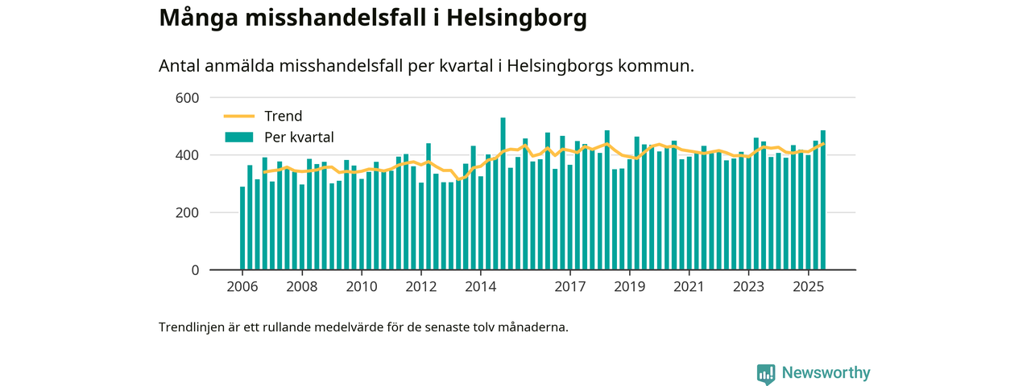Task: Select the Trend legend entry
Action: (283, 117)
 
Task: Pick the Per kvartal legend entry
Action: (299, 138)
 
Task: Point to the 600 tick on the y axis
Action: (187, 98)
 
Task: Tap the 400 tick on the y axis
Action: (187, 155)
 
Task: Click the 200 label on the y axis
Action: (187, 213)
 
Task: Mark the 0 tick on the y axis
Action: (194, 270)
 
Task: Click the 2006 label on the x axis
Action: (242, 286)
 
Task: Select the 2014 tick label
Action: (480, 286)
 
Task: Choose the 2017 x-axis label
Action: (570, 286)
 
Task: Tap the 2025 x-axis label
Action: (808, 286)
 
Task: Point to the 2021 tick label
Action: (689, 286)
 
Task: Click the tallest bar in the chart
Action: (503, 194)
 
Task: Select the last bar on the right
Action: (823, 200)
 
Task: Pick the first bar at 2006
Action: (242, 228)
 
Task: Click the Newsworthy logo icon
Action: (766, 373)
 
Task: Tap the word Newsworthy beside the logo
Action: (826, 373)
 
